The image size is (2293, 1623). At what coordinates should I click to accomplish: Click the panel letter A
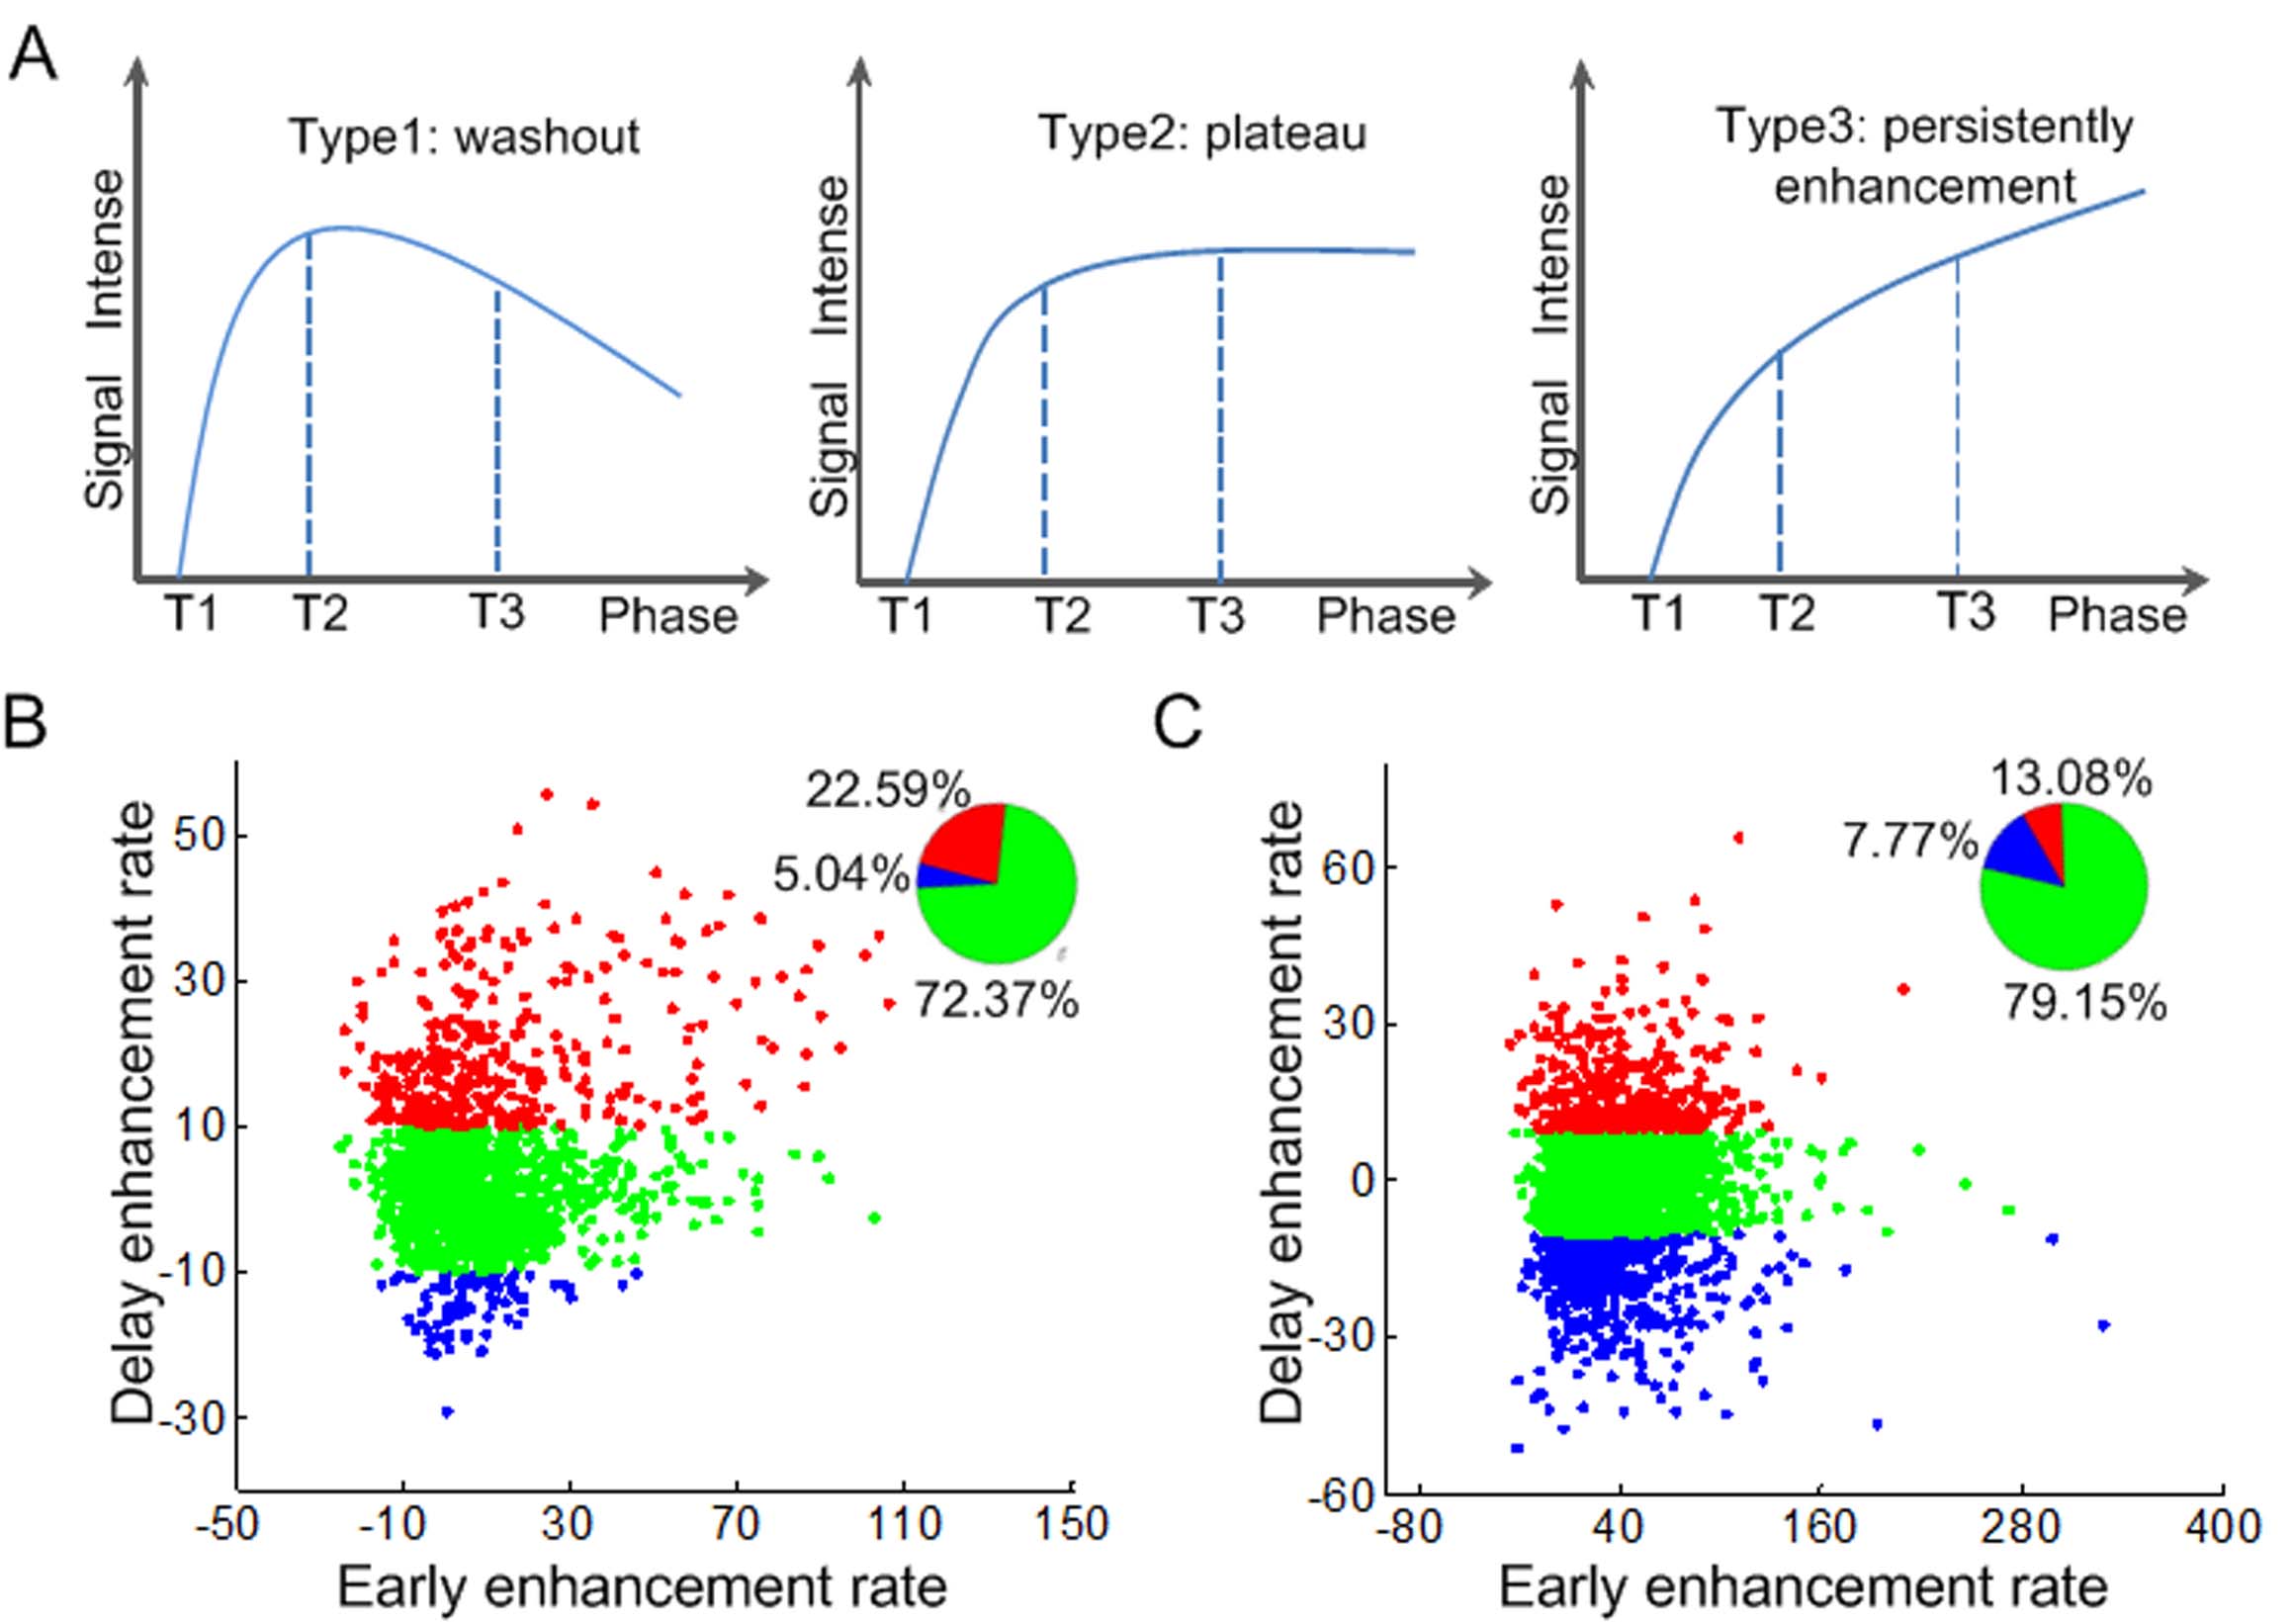32,55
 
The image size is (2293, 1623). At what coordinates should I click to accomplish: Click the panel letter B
26,722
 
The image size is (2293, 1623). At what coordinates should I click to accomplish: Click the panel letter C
1178,722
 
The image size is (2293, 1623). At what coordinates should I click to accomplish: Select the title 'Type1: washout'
465,136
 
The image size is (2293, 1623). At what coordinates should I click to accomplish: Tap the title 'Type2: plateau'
1202,133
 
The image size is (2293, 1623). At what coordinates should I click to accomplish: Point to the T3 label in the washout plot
496,611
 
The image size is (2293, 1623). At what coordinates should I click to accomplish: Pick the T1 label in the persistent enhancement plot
1657,612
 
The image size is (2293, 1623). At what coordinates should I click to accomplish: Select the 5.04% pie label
841,876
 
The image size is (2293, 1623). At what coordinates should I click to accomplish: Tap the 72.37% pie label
996,999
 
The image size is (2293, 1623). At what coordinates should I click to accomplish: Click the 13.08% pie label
2072,779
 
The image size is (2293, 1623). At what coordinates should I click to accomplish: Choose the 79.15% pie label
2085,1002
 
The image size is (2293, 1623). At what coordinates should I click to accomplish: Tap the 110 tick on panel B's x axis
904,1525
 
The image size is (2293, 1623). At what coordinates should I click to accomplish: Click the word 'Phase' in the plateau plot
1386,615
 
